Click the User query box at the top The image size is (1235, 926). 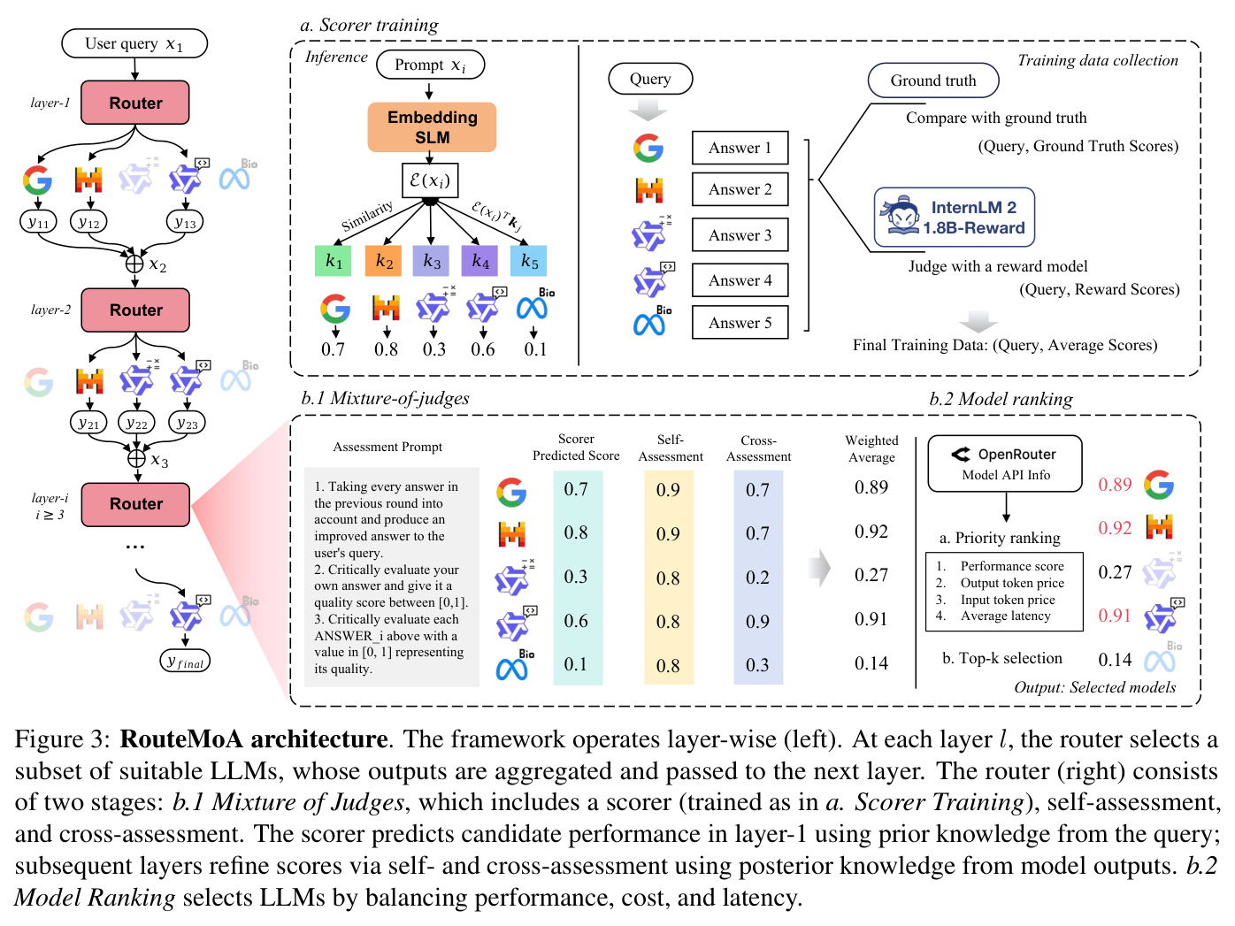pos(134,44)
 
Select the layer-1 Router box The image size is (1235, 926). pos(135,103)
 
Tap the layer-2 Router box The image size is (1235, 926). pos(135,310)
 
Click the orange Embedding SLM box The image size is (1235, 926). pos(432,127)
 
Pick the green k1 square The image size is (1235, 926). pos(334,261)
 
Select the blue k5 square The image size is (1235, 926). pos(528,261)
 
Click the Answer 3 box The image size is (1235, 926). pos(740,235)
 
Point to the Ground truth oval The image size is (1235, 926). pos(933,80)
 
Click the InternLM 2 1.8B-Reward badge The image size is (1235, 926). pos(955,218)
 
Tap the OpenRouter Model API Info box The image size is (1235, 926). pos(1005,463)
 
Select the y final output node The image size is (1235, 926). pos(185,662)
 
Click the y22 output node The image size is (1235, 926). pos(137,424)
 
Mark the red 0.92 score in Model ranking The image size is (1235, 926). pos(1115,528)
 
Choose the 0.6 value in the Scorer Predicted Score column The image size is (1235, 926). pos(576,621)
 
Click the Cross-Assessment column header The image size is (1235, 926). pos(758,448)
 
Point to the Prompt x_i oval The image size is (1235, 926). pos(431,65)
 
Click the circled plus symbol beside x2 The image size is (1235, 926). pos(134,264)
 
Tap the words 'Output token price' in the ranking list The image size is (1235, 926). pos(1012,583)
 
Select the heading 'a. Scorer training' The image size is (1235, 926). pos(369,26)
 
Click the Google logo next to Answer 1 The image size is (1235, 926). pos(648,148)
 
